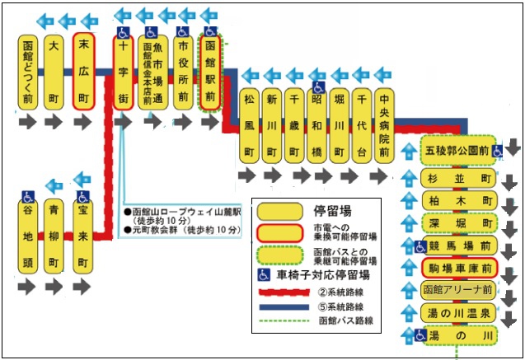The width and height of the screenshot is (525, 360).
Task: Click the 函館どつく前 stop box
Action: [28, 71]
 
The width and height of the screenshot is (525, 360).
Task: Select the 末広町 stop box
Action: [82, 71]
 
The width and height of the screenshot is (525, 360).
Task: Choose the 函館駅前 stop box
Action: [209, 71]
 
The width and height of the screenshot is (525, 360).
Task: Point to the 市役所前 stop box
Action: [183, 71]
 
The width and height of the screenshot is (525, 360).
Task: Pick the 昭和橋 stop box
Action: [316, 125]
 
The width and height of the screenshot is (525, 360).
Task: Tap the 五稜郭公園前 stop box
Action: [461, 152]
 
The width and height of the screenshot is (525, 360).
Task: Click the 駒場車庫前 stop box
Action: [461, 269]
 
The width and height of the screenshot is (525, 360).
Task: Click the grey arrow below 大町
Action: [54, 122]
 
